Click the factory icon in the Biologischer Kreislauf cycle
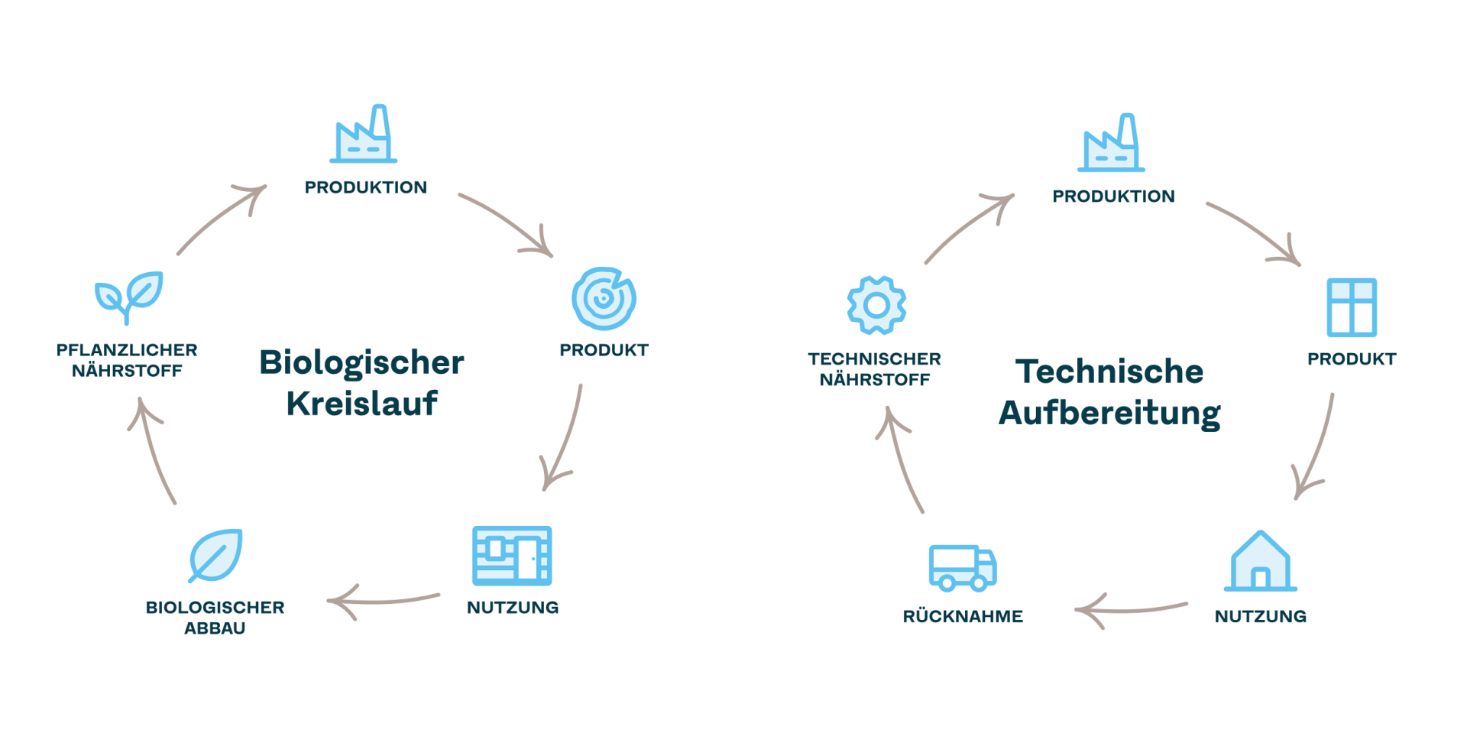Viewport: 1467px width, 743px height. point(364,136)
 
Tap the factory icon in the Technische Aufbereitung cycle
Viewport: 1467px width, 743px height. point(1112,145)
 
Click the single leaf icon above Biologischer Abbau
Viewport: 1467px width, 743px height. point(216,555)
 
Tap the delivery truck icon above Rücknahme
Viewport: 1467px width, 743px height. point(962,568)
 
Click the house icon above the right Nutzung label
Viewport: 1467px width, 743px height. point(1261,562)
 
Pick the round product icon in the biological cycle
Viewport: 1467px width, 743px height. point(604,299)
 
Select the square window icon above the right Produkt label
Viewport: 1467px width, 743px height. point(1352,308)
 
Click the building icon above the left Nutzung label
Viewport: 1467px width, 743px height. point(512,556)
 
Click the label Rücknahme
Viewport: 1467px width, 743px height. point(963,616)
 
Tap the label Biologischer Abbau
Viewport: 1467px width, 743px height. point(215,618)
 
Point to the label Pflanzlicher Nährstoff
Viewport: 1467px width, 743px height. point(128,360)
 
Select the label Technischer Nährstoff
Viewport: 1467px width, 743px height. point(875,369)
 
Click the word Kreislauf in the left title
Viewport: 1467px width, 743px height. point(362,404)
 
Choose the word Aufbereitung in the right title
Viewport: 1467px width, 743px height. point(1109,413)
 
